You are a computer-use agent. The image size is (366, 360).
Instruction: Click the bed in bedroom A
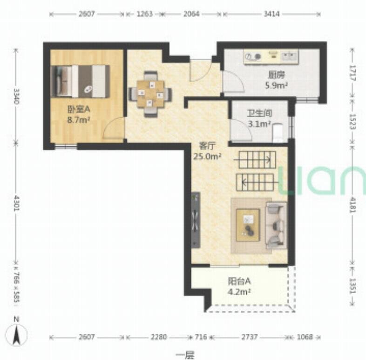[80, 81]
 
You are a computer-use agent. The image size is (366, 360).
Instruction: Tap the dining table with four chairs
[150, 94]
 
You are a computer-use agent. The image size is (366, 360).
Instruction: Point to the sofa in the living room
[277, 225]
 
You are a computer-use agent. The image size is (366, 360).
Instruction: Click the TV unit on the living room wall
[196, 220]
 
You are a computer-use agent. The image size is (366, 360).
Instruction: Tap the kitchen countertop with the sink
[271, 56]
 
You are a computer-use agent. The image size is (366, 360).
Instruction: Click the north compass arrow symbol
[16, 334]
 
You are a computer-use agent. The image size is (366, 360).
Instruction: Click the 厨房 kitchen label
[277, 75]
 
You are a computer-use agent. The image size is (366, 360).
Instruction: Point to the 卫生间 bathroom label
[259, 113]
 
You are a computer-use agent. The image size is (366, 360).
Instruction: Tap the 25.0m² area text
[207, 156]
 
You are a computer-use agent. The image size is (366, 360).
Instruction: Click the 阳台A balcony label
[239, 281]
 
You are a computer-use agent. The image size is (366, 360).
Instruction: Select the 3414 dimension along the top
[271, 14]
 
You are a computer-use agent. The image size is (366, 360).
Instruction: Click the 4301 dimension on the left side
[16, 203]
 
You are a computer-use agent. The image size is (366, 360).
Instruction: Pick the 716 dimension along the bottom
[201, 337]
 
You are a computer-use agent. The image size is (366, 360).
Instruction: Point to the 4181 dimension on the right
[352, 205]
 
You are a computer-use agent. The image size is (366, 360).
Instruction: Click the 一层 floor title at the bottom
[185, 355]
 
